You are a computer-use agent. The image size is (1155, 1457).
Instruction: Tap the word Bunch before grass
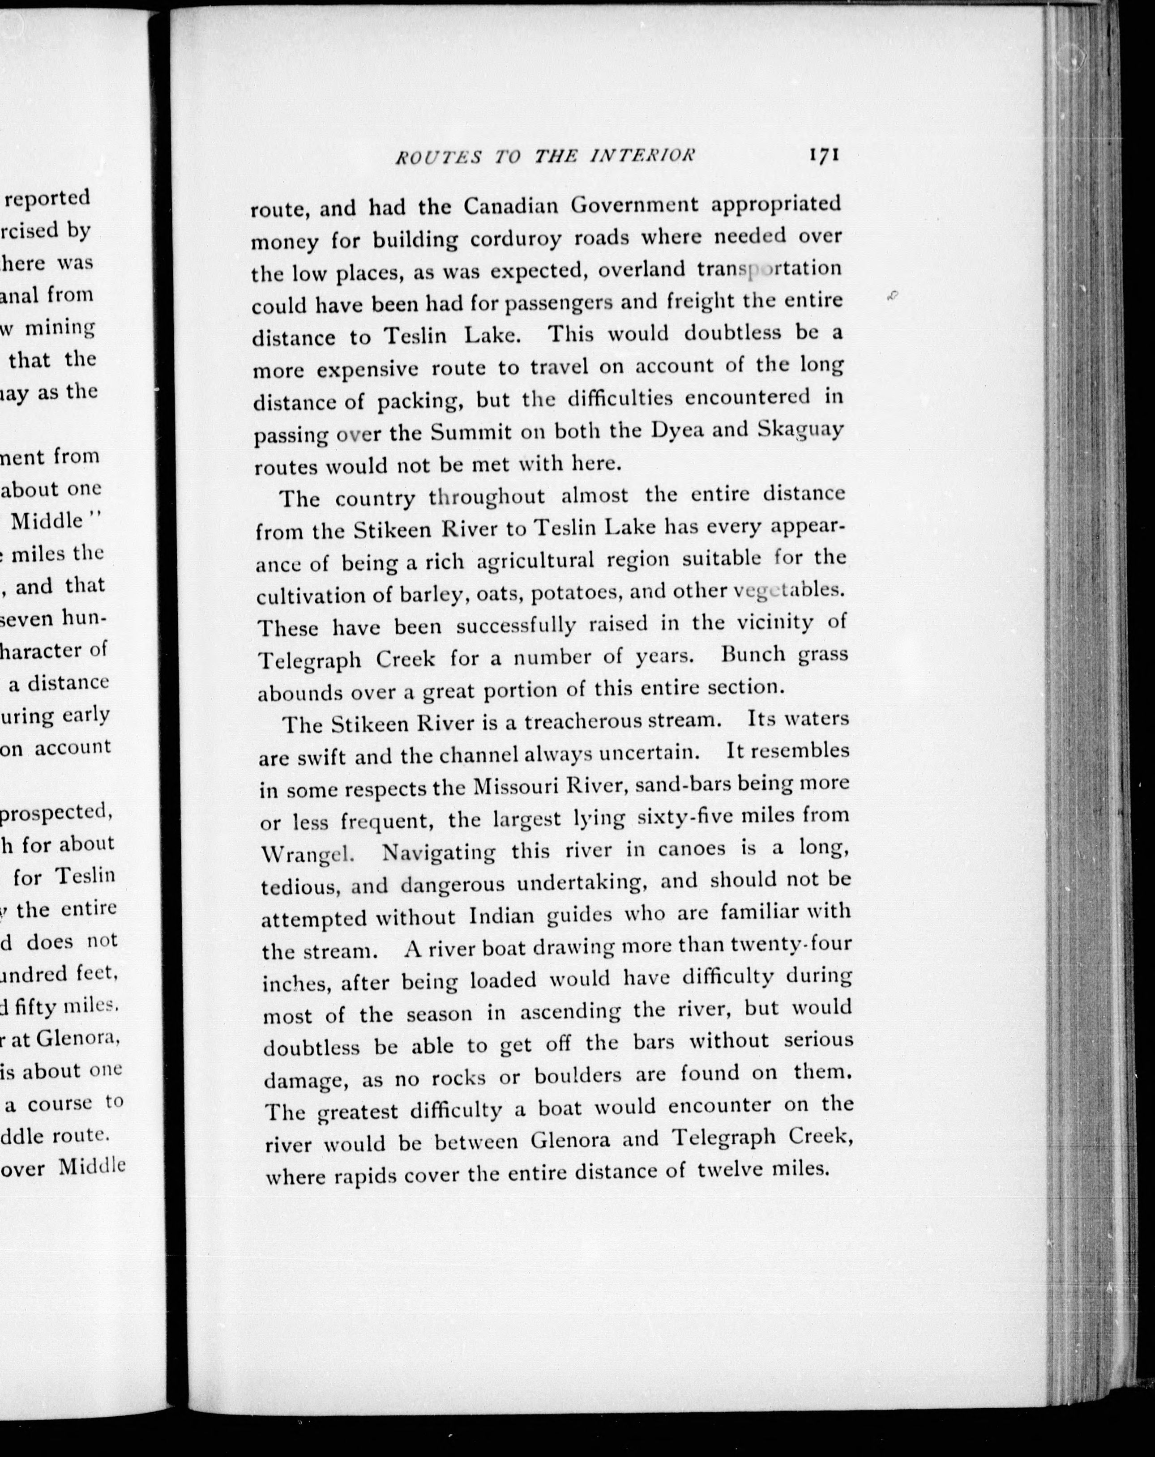coord(753,655)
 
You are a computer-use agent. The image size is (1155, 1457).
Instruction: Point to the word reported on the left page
coord(47,197)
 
